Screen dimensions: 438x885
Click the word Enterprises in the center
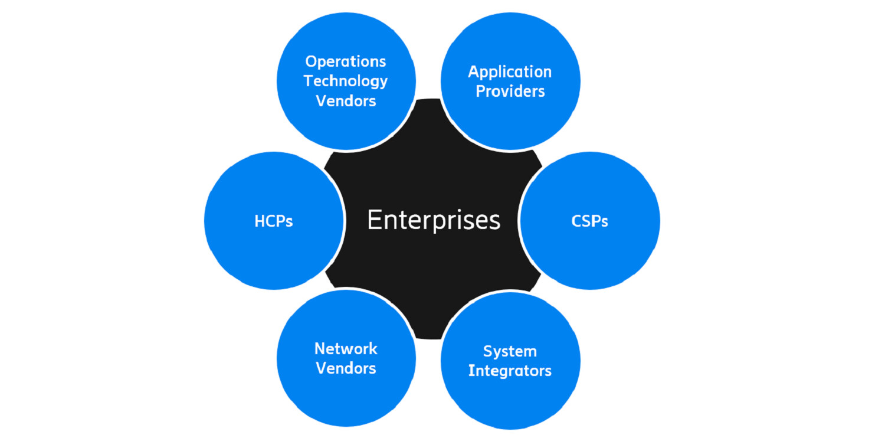(x=434, y=220)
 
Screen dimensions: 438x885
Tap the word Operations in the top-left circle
(x=346, y=61)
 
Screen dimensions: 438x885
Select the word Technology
(x=346, y=81)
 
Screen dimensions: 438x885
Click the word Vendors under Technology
(x=346, y=100)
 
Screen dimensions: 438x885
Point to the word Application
(x=510, y=72)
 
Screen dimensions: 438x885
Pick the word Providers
(x=510, y=91)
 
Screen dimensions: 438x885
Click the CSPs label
(x=589, y=221)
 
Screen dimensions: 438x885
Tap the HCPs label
(x=274, y=221)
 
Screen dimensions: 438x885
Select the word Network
(x=346, y=348)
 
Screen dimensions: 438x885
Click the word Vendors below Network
(x=346, y=368)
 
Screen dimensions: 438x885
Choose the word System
(x=510, y=351)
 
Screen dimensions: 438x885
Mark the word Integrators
(x=510, y=371)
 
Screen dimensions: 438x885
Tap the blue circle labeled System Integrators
(x=510, y=395)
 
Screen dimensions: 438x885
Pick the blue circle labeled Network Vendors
(x=346, y=395)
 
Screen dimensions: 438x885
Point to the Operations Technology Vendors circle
(x=346, y=127)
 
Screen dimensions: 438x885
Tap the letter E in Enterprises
(x=373, y=220)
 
